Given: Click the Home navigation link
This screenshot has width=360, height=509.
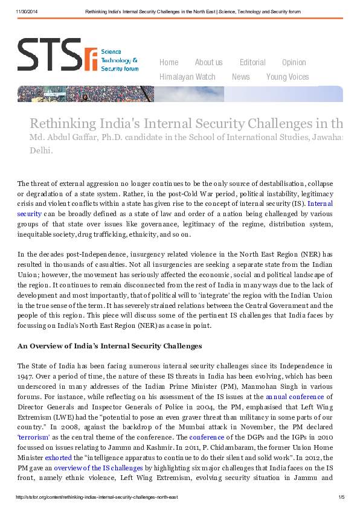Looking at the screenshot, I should [x=169, y=62].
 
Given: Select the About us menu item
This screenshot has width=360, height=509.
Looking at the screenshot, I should [x=208, y=62].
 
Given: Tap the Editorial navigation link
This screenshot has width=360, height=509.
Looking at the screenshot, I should [x=252, y=62].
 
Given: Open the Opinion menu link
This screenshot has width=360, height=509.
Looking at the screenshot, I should [x=294, y=62].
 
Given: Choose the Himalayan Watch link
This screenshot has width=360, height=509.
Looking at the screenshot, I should [x=187, y=77].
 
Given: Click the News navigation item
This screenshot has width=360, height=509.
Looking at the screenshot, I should [x=240, y=77].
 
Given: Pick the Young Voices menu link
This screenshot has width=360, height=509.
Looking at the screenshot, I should [x=288, y=77].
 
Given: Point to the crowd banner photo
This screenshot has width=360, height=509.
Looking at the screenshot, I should [x=85, y=94].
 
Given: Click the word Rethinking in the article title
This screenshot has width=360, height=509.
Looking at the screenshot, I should [x=62, y=124].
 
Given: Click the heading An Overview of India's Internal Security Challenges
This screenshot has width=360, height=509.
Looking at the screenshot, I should [x=109, y=346].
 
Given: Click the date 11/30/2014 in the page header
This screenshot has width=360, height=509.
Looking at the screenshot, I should [x=27, y=11].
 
